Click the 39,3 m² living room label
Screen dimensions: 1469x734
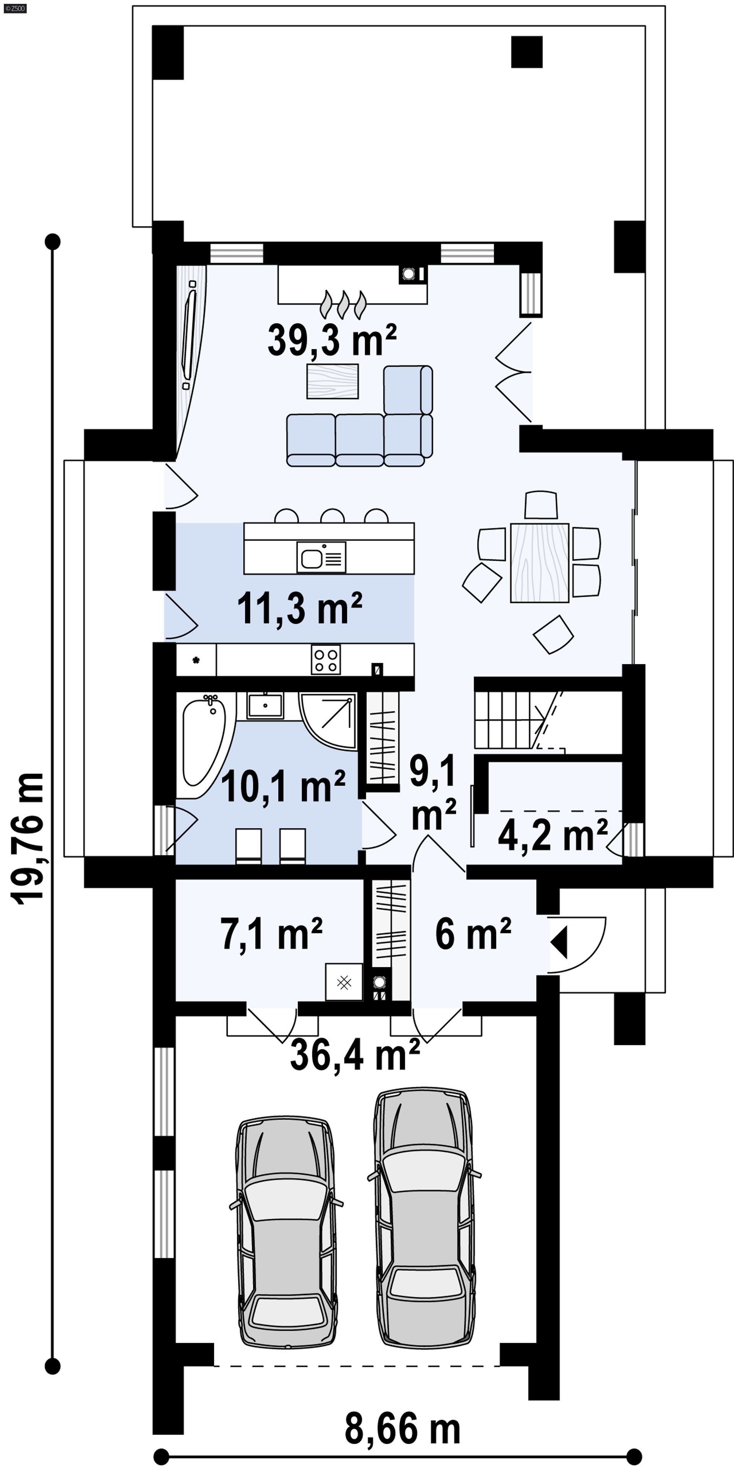(332, 340)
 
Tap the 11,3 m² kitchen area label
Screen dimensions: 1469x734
(300, 609)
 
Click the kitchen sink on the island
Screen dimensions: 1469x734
(321, 557)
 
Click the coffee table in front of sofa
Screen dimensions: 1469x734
(332, 381)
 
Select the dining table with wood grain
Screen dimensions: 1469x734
(539, 562)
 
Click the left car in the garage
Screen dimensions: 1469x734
(286, 1232)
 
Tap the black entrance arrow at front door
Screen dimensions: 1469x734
(560, 942)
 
